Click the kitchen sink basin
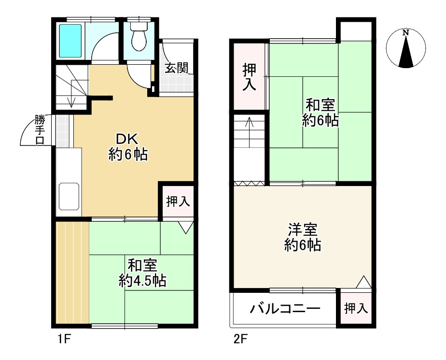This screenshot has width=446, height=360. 69,196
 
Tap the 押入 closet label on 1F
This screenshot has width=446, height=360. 178,202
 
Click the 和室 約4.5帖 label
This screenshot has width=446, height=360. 142,273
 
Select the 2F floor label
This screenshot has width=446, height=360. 240,339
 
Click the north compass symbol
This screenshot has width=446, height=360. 406,49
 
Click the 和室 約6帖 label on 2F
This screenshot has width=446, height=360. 320,112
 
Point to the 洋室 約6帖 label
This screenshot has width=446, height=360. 303,237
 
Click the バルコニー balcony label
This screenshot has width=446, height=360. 285,308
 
